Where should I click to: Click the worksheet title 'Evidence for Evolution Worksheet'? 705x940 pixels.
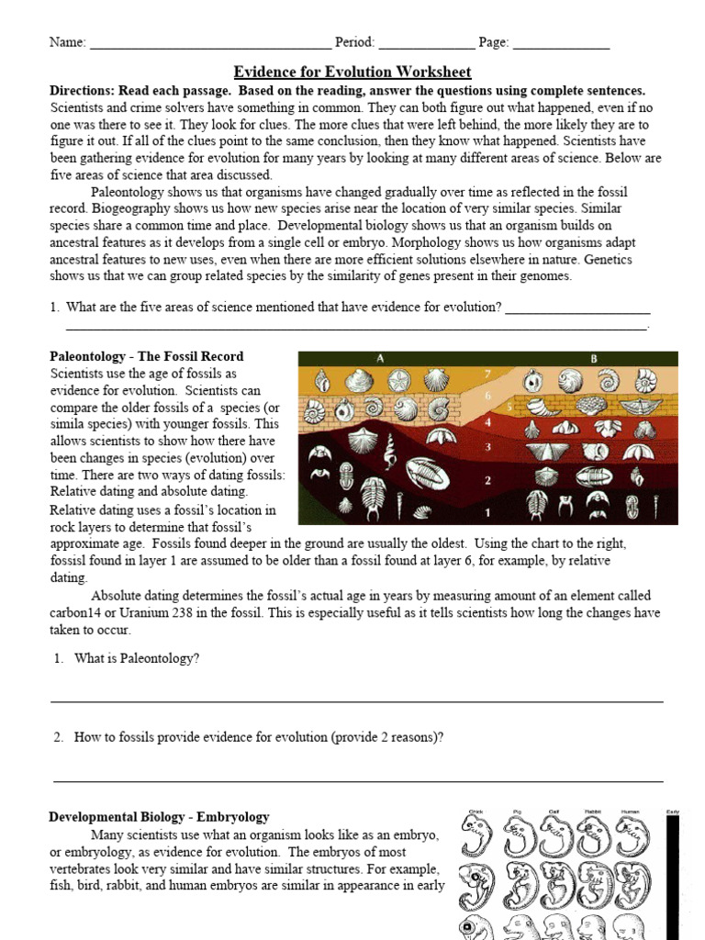352,72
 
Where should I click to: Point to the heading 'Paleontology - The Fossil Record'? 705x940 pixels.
146,356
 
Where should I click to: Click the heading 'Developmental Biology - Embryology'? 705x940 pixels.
159,817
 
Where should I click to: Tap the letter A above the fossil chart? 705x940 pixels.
379,358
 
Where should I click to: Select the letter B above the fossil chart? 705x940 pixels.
594,358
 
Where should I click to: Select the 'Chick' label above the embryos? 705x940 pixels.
476,811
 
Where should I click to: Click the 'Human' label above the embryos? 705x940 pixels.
630,811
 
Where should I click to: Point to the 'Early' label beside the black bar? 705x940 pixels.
673,811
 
